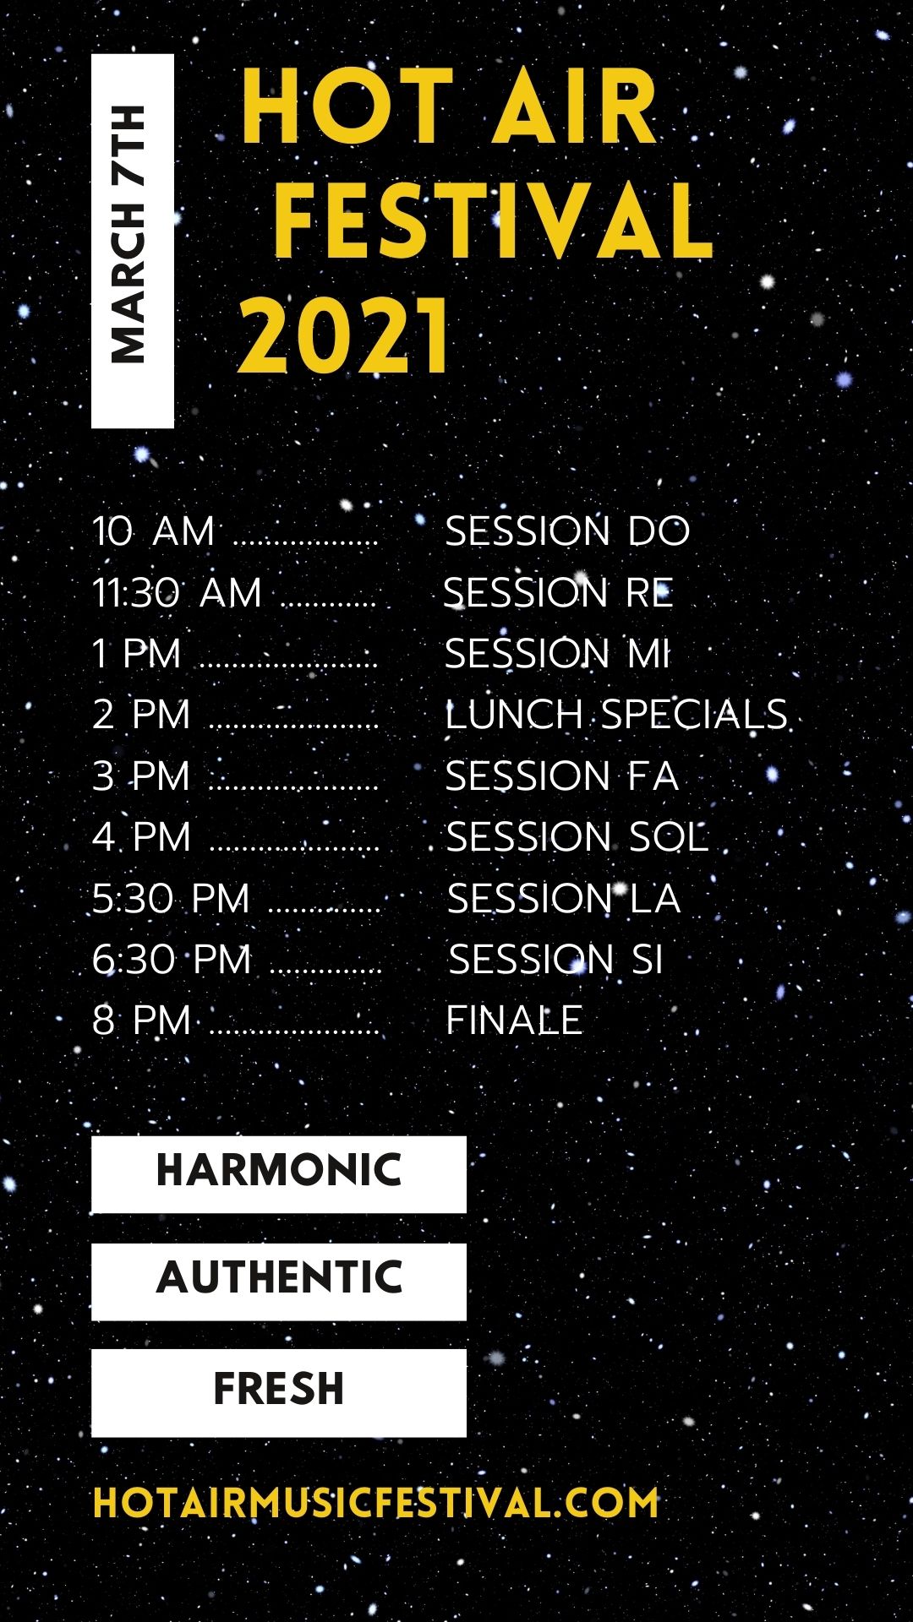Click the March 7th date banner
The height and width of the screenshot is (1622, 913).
(133, 241)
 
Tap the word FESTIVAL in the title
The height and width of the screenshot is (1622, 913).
(494, 220)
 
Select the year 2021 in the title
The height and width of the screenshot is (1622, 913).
(344, 335)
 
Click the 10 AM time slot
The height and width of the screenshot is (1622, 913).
(153, 531)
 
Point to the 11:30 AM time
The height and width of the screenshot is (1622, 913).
(177, 592)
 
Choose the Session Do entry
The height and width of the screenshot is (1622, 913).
(567, 531)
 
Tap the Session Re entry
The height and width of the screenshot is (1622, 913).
(558, 592)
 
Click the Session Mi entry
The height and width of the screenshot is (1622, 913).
(557, 653)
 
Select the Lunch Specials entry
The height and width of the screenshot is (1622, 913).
(616, 715)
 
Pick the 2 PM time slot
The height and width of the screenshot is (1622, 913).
(141, 715)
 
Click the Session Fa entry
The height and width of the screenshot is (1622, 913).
(562, 776)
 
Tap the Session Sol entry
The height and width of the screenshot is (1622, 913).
(577, 837)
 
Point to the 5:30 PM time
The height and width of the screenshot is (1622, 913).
(171, 898)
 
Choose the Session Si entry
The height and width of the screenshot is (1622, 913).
(555, 959)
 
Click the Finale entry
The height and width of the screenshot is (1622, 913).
(514, 1020)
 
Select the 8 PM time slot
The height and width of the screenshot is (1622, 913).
(141, 1020)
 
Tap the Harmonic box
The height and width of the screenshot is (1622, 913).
(279, 1174)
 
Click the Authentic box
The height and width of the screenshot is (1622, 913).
(279, 1281)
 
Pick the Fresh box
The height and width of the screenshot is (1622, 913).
(279, 1392)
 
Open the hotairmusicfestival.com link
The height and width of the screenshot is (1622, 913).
(375, 1503)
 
